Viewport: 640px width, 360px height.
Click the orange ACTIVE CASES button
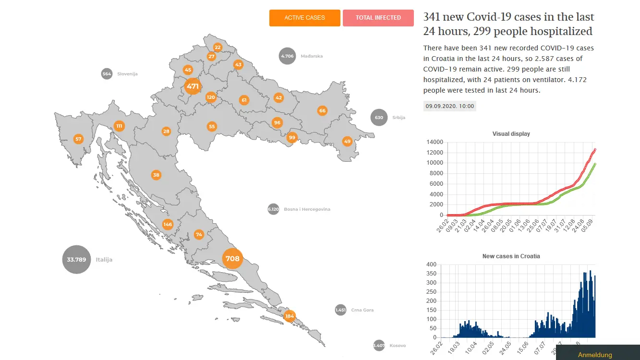point(304,18)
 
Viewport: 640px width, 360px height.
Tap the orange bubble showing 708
point(232,259)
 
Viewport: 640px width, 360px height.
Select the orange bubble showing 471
point(193,86)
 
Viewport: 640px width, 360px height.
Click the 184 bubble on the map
point(290,316)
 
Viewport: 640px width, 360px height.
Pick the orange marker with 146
point(168,224)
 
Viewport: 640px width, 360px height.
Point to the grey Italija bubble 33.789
point(76,259)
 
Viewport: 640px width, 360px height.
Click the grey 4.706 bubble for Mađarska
point(287,56)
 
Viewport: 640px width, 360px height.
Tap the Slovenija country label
point(127,74)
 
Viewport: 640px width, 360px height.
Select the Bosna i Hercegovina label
point(307,209)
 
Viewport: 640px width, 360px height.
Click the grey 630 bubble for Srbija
point(379,118)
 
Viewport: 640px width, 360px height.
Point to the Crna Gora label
point(362,310)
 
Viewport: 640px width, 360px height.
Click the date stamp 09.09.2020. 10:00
point(450,106)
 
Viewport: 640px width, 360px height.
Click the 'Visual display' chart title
point(511,134)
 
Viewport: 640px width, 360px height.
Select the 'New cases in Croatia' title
point(511,256)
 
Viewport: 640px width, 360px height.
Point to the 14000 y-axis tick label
point(435,142)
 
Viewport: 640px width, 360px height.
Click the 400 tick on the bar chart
point(432,264)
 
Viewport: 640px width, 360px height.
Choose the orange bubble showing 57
point(78,139)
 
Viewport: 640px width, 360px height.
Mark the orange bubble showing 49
point(347,141)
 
